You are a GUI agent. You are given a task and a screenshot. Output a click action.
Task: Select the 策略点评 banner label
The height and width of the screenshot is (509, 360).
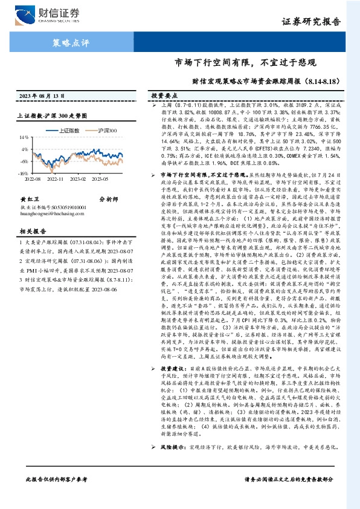[68, 43]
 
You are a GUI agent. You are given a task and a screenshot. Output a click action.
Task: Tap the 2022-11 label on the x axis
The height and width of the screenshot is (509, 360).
[55, 179]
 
